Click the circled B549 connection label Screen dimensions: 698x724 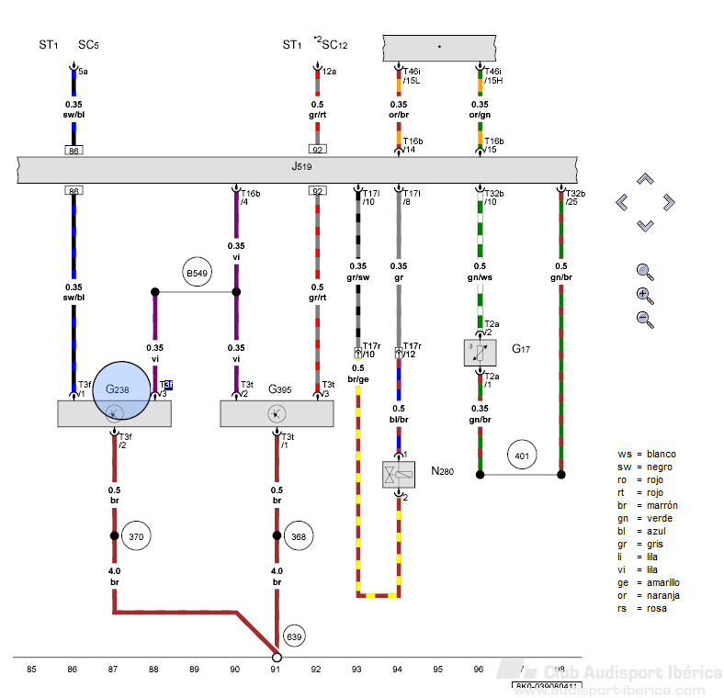click(198, 273)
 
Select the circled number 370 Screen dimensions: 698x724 click(136, 536)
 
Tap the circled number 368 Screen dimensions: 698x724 click(298, 536)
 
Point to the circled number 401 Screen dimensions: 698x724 click(521, 455)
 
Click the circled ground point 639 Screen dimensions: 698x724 click(294, 636)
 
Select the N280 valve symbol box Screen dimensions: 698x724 click(400, 475)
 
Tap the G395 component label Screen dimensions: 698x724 click(279, 389)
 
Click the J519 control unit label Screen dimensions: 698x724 click(301, 168)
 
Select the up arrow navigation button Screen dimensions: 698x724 click(646, 179)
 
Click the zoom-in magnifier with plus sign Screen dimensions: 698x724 click(645, 296)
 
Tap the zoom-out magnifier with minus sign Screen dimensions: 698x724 click(645, 320)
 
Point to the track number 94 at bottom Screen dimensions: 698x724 click(398, 670)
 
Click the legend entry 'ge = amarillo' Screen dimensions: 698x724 click(649, 582)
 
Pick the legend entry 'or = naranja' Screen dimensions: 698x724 click(649, 595)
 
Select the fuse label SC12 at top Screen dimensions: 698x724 click(334, 44)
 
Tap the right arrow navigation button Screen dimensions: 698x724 click(668, 202)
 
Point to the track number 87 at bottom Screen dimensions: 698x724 click(112, 670)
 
